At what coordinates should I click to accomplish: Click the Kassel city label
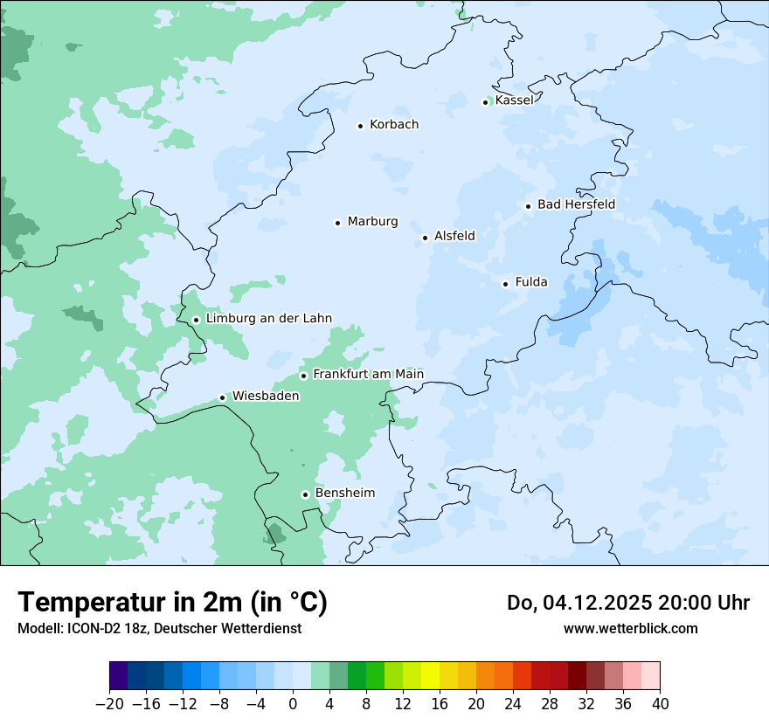[x=514, y=100]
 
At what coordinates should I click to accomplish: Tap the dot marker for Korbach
[x=360, y=126]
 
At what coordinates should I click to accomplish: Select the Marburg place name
[x=372, y=222]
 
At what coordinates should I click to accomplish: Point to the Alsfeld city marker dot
[x=425, y=238]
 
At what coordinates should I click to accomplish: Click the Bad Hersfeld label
[x=576, y=204]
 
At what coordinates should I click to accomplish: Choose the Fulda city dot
[x=505, y=284]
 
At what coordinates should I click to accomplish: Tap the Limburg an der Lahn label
[x=268, y=319]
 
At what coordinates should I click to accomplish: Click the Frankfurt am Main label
[x=368, y=375]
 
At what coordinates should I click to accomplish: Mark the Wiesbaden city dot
[x=222, y=397]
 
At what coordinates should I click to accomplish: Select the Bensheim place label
[x=344, y=494]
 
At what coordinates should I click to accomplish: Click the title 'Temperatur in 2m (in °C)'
[x=172, y=603]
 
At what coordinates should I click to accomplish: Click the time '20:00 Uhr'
[x=707, y=603]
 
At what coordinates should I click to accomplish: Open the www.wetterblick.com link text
[x=630, y=628]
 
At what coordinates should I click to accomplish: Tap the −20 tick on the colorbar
[x=109, y=704]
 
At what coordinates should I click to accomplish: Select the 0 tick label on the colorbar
[x=293, y=704]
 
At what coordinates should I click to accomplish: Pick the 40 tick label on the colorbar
[x=660, y=704]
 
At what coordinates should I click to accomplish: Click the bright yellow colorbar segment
[x=430, y=676]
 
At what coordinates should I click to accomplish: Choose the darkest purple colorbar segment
[x=119, y=676]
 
